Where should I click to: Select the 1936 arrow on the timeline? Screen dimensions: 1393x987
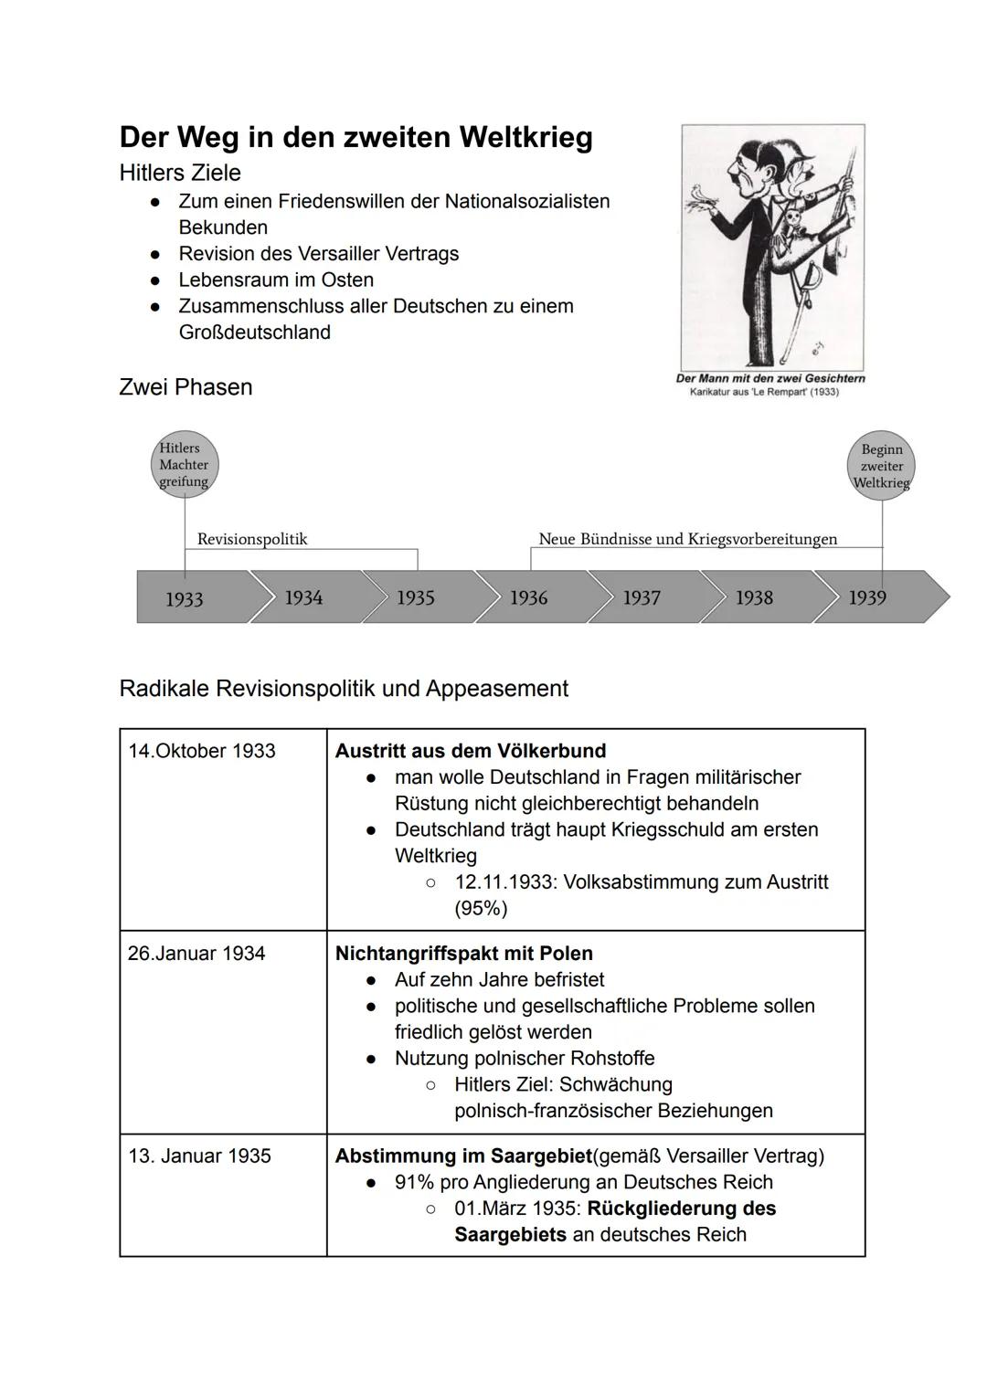pyautogui.click(x=529, y=597)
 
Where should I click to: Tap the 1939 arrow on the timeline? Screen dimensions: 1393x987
pyautogui.click(x=868, y=597)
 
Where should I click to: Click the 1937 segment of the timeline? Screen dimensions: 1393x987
pyautogui.click(x=642, y=597)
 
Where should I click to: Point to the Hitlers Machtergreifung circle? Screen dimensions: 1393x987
pyautogui.click(x=184, y=464)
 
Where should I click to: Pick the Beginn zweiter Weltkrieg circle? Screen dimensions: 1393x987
pyautogui.click(x=881, y=466)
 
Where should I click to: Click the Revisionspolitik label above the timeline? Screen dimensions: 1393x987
pyautogui.click(x=252, y=539)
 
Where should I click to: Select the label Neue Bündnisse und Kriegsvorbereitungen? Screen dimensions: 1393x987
pyautogui.click(x=687, y=539)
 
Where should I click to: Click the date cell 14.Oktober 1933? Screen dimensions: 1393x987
pyautogui.click(x=202, y=751)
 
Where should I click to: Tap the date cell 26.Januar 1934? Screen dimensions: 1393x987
pyautogui.click(x=196, y=954)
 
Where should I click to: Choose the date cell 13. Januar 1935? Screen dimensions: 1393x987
pyautogui.click(x=200, y=1156)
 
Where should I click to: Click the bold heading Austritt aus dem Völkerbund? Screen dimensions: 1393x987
pyautogui.click(x=471, y=751)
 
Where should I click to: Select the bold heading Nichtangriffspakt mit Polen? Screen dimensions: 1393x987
pyautogui.click(x=464, y=954)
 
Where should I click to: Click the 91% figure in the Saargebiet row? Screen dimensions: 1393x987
pyautogui.click(x=414, y=1183)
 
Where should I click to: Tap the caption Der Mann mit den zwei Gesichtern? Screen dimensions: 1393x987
pyautogui.click(x=770, y=378)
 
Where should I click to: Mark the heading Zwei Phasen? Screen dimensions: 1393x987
pyautogui.click(x=186, y=387)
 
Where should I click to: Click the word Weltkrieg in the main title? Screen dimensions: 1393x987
pyautogui.click(x=525, y=138)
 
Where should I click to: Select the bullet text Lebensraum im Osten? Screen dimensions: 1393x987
pyautogui.click(x=276, y=280)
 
